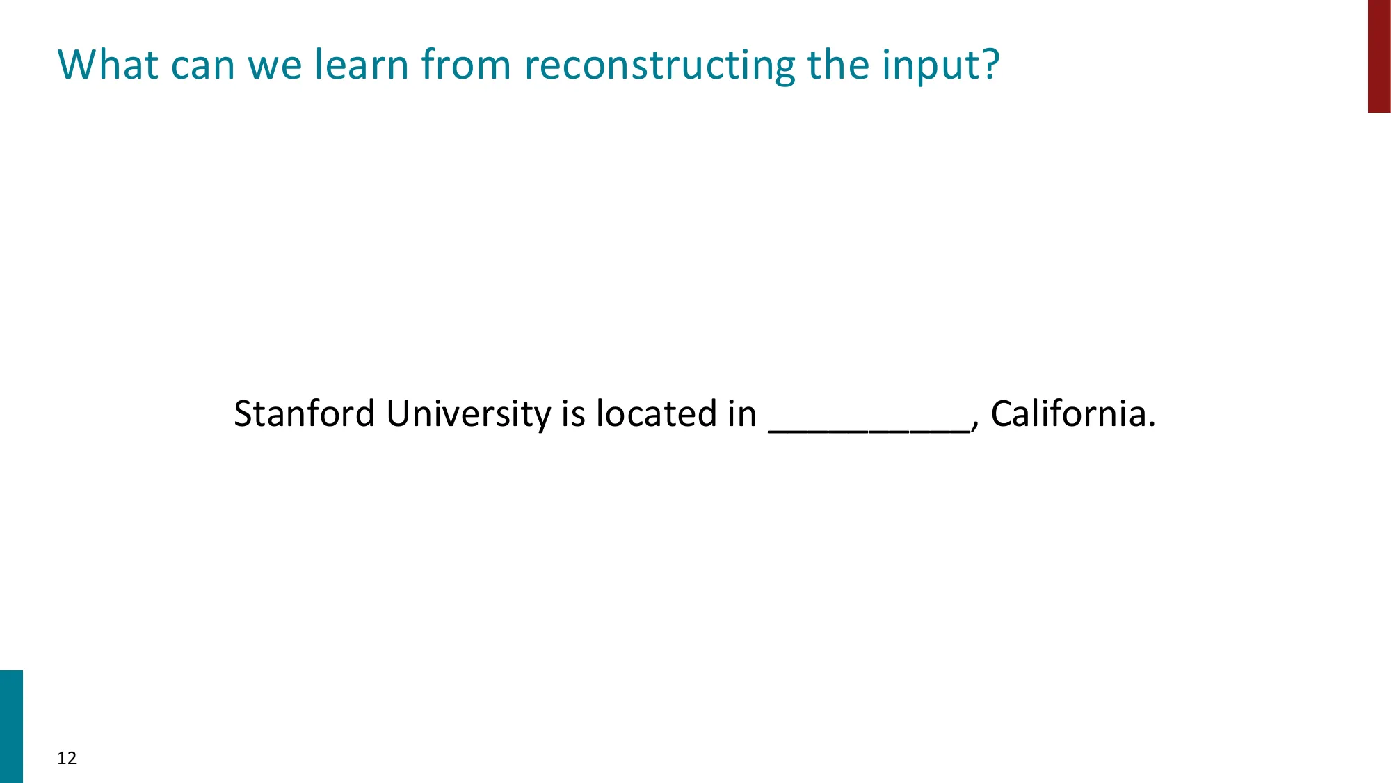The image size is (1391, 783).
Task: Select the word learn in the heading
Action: [361, 65]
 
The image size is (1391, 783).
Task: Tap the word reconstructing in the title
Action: [659, 66]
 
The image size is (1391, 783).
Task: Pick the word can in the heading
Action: [202, 66]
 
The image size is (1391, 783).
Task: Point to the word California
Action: [1068, 413]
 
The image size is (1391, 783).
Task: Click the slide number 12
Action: [67, 758]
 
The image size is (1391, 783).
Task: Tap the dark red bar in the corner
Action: [1379, 56]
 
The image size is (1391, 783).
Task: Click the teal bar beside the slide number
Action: [11, 726]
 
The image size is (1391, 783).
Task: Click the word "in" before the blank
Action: [742, 413]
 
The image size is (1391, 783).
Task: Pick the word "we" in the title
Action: [275, 66]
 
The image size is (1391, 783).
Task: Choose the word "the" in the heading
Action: [839, 65]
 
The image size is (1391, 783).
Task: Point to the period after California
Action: [1151, 424]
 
